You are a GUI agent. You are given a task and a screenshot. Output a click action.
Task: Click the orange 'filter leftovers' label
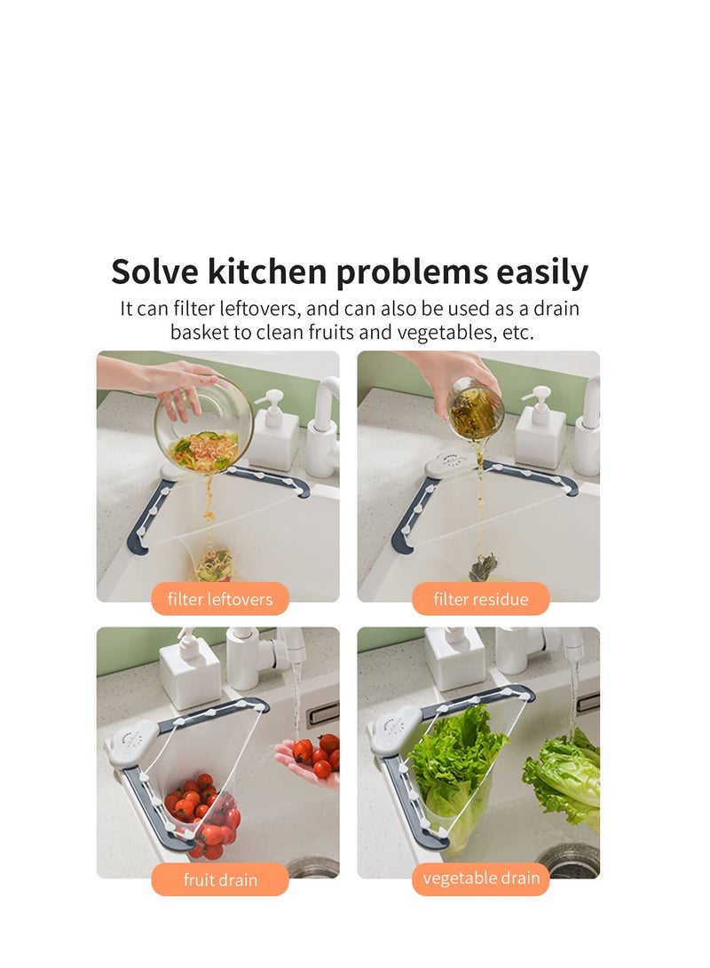pos(220,599)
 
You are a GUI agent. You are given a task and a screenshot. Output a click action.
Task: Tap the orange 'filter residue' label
pos(480,599)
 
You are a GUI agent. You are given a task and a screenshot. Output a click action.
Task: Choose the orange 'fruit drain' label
pos(220,880)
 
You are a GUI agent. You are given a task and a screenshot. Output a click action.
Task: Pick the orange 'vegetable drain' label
pos(480,878)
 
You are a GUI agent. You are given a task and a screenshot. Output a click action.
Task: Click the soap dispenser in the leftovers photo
pos(274,435)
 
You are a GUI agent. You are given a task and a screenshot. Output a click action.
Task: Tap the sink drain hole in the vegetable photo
pos(568,861)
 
